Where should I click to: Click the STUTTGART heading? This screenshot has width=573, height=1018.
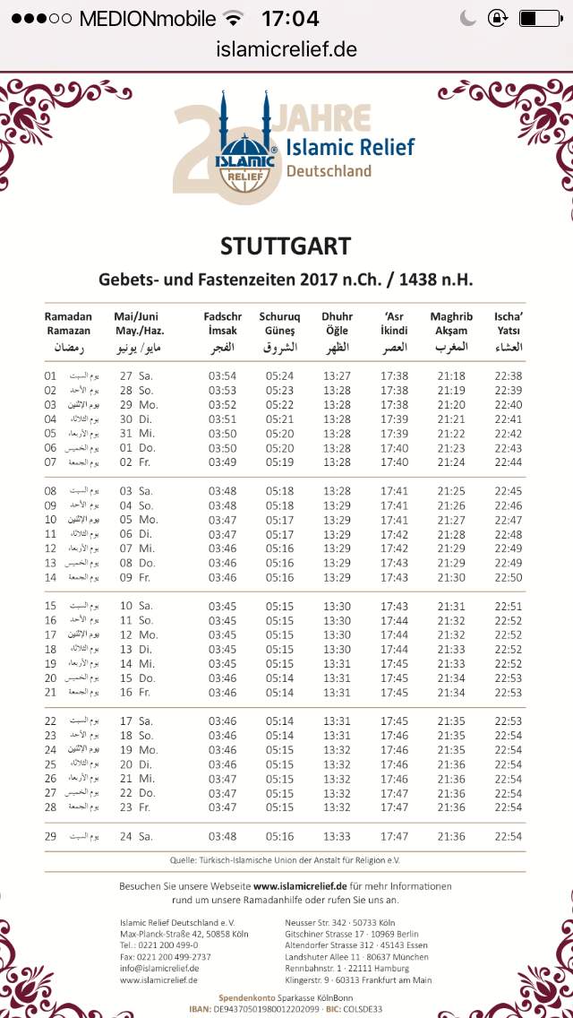tap(286, 246)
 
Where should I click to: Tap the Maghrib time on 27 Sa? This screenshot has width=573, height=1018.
tap(451, 375)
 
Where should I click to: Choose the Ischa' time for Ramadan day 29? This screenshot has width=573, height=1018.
tap(509, 836)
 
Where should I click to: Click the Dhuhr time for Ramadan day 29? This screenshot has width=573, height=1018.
tap(337, 836)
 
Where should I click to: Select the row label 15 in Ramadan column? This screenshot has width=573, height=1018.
tap(51, 606)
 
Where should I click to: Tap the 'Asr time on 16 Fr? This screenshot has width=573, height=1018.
tap(394, 692)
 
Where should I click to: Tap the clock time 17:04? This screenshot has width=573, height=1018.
tap(289, 18)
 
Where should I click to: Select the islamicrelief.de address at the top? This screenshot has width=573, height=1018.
tap(286, 49)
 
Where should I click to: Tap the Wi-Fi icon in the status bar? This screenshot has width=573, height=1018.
tap(234, 18)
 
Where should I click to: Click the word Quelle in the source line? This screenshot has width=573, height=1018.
tap(184, 860)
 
